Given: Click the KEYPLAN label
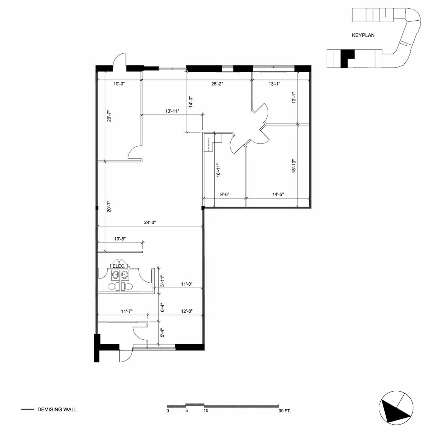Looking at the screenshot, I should pos(363,36).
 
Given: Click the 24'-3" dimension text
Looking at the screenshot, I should pos(150,222).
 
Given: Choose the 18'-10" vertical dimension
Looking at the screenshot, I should pos(294,166).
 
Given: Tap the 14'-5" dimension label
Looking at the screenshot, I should pos(278,194).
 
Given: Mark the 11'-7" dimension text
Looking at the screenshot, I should pos(127,311).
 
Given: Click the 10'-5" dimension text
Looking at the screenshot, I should pos(120,238).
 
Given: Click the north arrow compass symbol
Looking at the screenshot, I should pos(396,407).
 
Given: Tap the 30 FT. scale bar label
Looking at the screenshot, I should pos(284,411).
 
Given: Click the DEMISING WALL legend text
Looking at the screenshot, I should pos(57,410).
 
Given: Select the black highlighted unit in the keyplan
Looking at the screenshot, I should pos(346,58).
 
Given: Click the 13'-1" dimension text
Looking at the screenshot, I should pos(274,84).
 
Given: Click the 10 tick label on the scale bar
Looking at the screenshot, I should pos(206,411).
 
